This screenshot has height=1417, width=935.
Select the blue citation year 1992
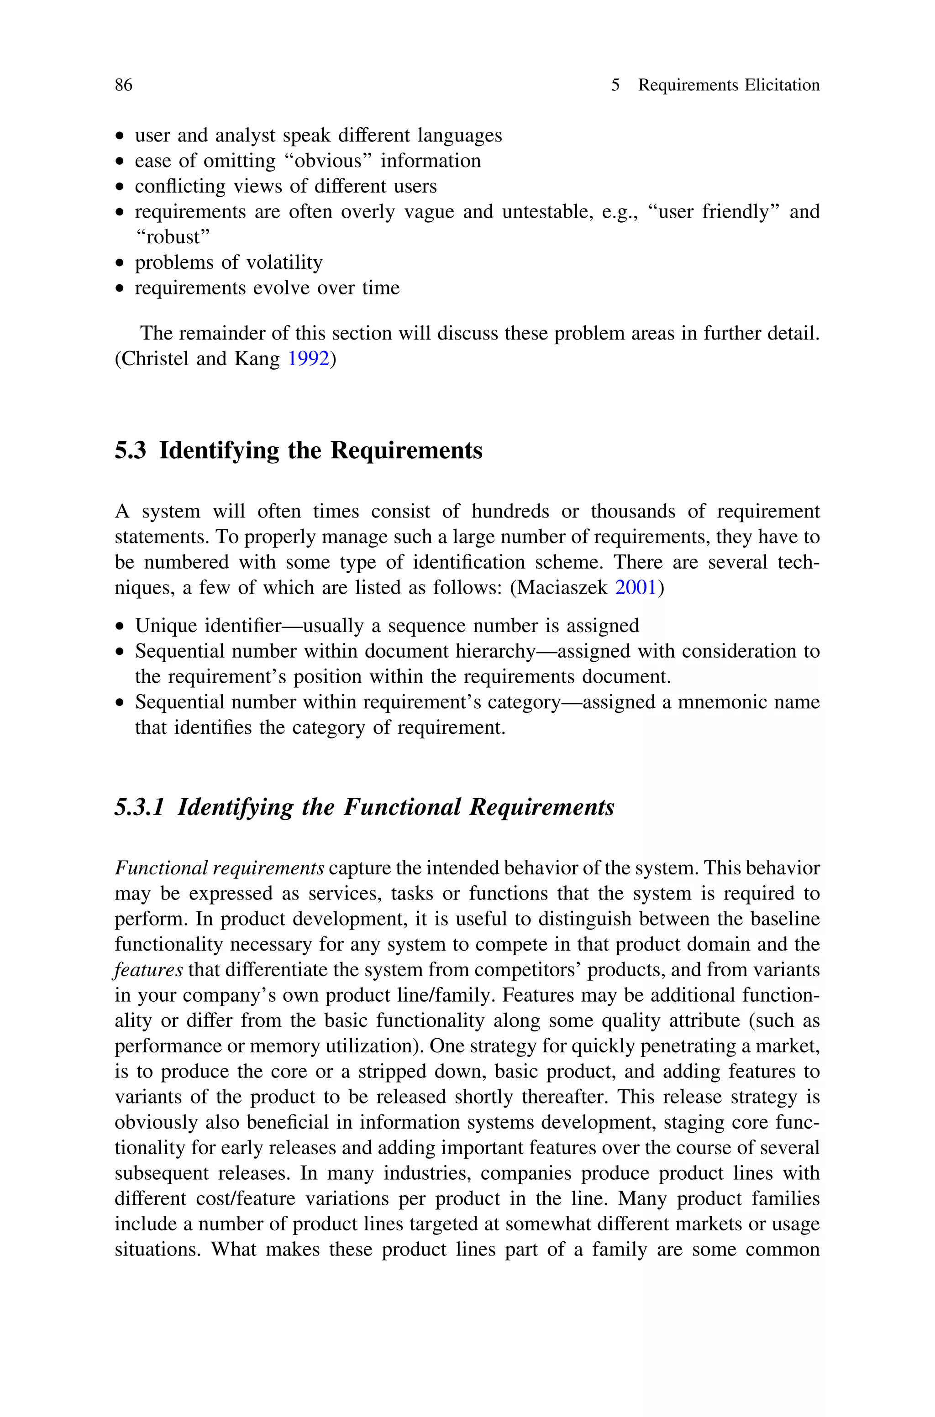(x=308, y=359)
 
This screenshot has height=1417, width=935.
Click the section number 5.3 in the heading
(x=130, y=450)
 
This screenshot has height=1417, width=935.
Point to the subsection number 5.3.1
(x=139, y=807)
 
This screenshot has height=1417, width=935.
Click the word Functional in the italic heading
(x=402, y=807)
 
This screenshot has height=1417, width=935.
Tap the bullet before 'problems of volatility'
(x=121, y=263)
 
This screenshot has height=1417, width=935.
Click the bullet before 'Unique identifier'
(x=121, y=626)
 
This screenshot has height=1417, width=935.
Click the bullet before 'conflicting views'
(x=121, y=187)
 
